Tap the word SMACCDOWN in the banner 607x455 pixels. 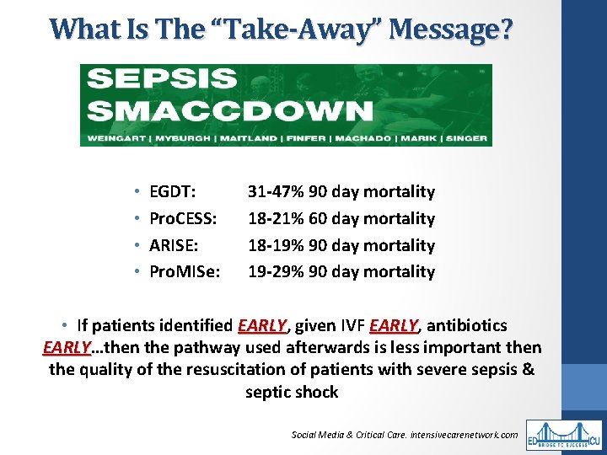230,110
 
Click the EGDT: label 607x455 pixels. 173,192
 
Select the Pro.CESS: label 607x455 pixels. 183,219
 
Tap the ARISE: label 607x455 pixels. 174,245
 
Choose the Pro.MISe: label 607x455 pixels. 185,272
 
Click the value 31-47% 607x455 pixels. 276,192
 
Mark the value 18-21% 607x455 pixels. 276,219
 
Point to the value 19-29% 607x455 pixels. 276,272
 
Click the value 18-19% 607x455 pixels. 276,245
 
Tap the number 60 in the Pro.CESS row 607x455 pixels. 319,219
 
